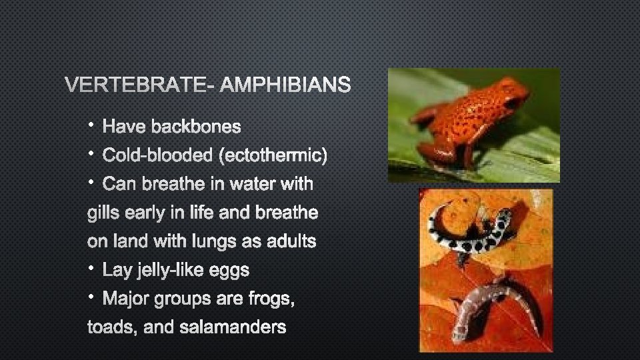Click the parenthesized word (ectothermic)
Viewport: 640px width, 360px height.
pyautogui.click(x=272, y=155)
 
